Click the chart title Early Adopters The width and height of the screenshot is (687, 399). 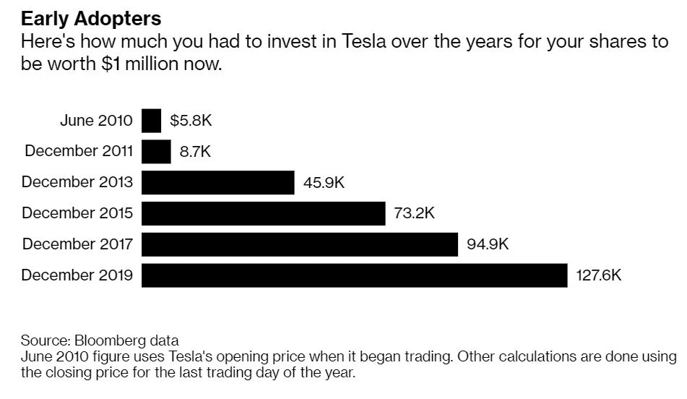91,18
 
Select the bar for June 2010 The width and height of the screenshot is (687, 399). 151,121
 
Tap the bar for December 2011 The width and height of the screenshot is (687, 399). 156,152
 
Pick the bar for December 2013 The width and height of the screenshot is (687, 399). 217,183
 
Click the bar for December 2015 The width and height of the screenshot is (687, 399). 263,213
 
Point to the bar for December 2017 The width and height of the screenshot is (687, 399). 299,244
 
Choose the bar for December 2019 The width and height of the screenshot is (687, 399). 354,275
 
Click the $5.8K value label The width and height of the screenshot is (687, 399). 191,121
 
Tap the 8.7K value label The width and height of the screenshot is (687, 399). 195,152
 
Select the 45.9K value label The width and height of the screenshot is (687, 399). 324,183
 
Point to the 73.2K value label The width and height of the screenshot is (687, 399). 415,213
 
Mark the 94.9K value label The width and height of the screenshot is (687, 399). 488,244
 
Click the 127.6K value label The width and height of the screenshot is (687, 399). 599,275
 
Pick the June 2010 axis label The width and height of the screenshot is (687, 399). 96,121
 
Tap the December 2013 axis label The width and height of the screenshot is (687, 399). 77,182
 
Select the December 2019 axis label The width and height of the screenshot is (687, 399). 77,275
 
